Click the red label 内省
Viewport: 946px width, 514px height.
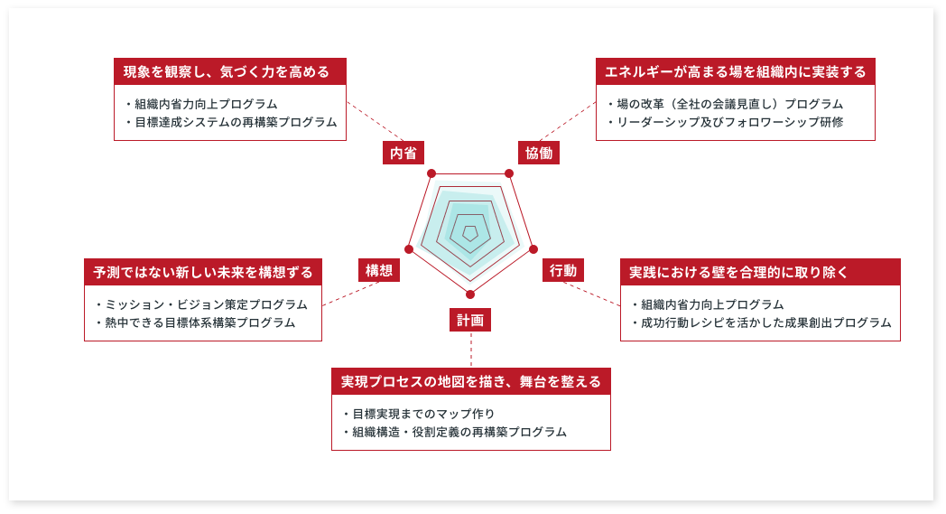tap(403, 153)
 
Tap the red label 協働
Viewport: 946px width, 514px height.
tap(539, 153)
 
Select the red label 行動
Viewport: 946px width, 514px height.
tap(563, 270)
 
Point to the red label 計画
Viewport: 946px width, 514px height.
tap(470, 320)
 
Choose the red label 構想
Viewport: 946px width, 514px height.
tap(379, 270)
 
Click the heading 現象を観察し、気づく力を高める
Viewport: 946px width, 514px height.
tap(227, 72)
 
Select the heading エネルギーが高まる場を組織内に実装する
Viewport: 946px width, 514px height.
tap(736, 72)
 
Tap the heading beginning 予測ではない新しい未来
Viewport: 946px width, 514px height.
tap(203, 273)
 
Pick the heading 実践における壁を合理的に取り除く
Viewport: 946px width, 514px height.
tap(738, 273)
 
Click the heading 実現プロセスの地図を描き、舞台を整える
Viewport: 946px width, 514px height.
tap(471, 382)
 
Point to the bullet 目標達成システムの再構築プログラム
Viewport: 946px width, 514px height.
tap(232, 122)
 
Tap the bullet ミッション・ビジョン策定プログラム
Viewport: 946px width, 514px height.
tap(201, 304)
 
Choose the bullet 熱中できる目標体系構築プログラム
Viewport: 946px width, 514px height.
tap(196, 322)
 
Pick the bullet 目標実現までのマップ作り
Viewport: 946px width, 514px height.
tap(419, 414)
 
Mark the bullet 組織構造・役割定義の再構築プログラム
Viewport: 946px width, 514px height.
tap(455, 432)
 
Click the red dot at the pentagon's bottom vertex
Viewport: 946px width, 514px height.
tap(470, 294)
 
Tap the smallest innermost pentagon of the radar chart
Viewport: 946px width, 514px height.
tap(470, 227)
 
